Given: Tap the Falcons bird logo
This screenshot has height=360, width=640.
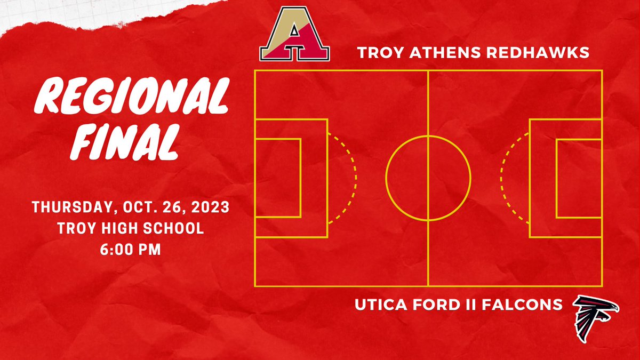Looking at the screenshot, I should pyautogui.click(x=595, y=319).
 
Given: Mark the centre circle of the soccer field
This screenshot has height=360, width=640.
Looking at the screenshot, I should pyautogui.click(x=428, y=178).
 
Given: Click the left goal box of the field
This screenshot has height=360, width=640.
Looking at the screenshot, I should pyautogui.click(x=278, y=178).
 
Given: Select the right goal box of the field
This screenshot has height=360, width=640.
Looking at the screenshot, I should pyautogui.click(x=579, y=178).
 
